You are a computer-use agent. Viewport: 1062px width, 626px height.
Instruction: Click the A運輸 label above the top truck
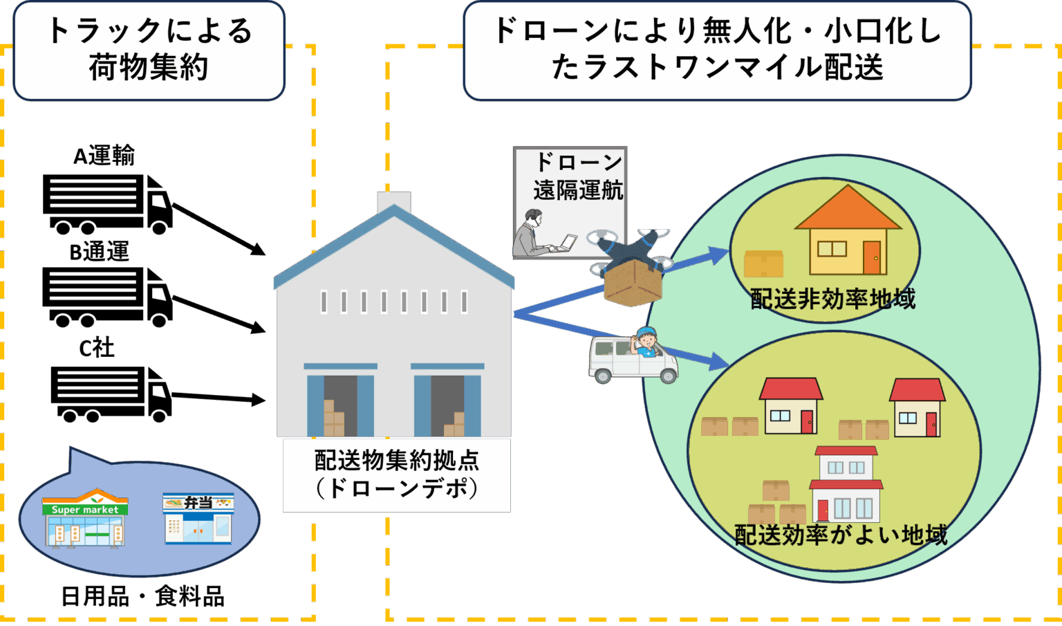point(104,156)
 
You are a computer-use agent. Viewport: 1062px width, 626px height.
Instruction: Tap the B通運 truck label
point(100,252)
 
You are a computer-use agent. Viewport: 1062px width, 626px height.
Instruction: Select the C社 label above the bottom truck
point(97,347)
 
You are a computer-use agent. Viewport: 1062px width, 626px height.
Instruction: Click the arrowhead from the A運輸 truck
point(259,250)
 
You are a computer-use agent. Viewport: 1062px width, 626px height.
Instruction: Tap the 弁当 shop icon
point(199,518)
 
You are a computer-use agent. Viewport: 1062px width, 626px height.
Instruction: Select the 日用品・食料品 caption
point(142,596)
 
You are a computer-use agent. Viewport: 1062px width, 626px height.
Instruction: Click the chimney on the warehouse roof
point(393,201)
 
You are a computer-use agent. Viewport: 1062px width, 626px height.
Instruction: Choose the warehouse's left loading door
point(340,405)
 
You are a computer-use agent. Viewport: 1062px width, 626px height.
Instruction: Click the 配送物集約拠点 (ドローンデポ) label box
point(396,475)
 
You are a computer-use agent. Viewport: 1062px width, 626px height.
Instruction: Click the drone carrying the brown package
point(631,266)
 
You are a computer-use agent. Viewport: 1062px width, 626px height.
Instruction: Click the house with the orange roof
point(848,232)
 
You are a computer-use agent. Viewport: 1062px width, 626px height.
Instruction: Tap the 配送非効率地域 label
point(832,299)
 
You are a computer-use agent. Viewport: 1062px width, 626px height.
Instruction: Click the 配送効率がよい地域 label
point(841,535)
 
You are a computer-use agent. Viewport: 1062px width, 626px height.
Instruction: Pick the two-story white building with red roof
point(846,484)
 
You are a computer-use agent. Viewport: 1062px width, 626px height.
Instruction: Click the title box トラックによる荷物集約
point(149,50)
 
